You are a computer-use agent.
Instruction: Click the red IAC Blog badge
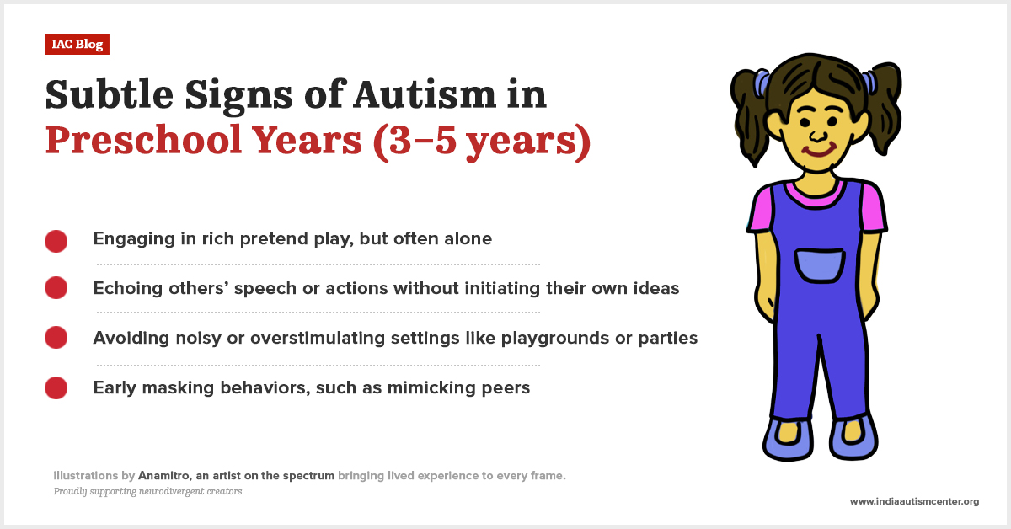click(x=77, y=44)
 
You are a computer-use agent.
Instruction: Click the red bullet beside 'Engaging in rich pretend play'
click(x=56, y=240)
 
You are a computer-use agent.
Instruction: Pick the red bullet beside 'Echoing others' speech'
click(x=56, y=289)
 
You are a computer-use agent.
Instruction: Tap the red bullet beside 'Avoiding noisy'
click(x=56, y=338)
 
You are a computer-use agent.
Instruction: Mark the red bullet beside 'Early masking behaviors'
click(x=56, y=387)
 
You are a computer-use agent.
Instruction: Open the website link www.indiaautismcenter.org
click(x=914, y=501)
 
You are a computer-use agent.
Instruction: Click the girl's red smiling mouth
click(x=816, y=152)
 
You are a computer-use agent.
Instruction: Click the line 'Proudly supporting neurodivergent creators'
click(x=148, y=491)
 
